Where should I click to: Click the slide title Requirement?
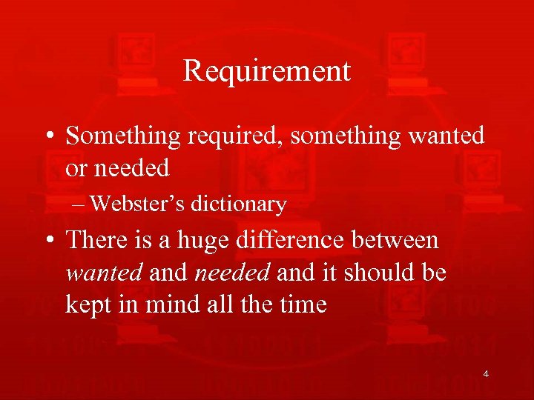pyautogui.click(x=266, y=72)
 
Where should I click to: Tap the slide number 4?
pyautogui.click(x=486, y=374)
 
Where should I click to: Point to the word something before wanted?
pyautogui.click(x=334, y=136)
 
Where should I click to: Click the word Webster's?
pyautogui.click(x=140, y=204)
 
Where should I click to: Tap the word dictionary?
pyautogui.click(x=238, y=204)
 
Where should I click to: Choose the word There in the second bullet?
pyautogui.click(x=94, y=241)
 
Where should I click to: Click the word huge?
pyautogui.click(x=200, y=241)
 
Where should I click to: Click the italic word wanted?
pyautogui.click(x=103, y=273)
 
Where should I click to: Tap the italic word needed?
pyautogui.click(x=231, y=273)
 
